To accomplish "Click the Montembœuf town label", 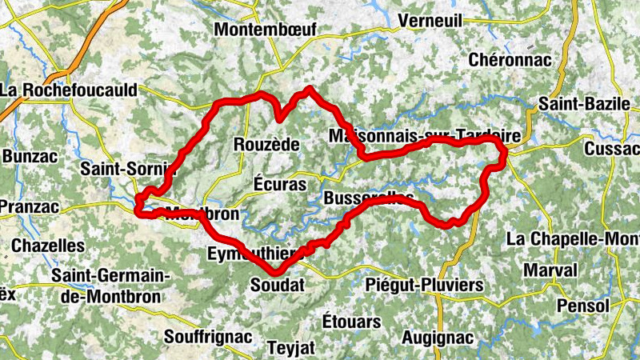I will click(266, 30).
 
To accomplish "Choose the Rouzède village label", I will click(266, 145).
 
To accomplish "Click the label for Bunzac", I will click(30, 156).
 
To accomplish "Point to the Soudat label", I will click(278, 285).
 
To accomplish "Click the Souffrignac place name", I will click(207, 336).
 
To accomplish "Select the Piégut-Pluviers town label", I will click(425, 285).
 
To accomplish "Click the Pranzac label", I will click(29, 207).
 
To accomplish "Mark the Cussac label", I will click(613, 149).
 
